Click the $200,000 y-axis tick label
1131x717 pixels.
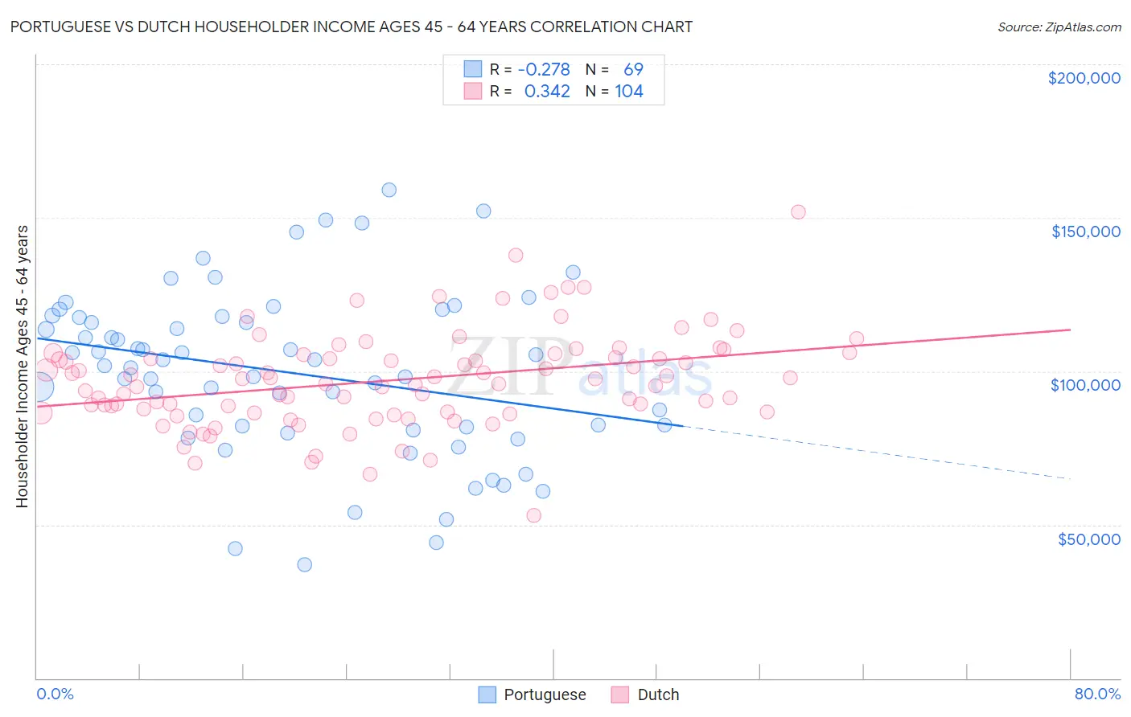(x=1084, y=78)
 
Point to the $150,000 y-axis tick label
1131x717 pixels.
(x=1085, y=231)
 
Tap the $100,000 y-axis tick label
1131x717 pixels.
(x=1085, y=385)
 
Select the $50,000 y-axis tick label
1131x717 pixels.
(x=1088, y=539)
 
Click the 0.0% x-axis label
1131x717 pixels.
(x=55, y=694)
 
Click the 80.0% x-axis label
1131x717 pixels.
(x=1097, y=694)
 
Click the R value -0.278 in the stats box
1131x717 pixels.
(x=544, y=69)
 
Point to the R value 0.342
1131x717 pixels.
(x=547, y=92)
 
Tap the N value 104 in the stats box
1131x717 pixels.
(x=629, y=92)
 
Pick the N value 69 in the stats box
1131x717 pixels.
(x=633, y=69)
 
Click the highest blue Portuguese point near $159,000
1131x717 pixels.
(x=389, y=190)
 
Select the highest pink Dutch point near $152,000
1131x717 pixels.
(x=798, y=212)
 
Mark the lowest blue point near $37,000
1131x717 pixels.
(x=304, y=564)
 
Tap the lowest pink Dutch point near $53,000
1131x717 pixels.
(x=533, y=515)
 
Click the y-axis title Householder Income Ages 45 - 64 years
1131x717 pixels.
(x=22, y=367)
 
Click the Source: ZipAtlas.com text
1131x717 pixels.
(x=1059, y=27)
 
